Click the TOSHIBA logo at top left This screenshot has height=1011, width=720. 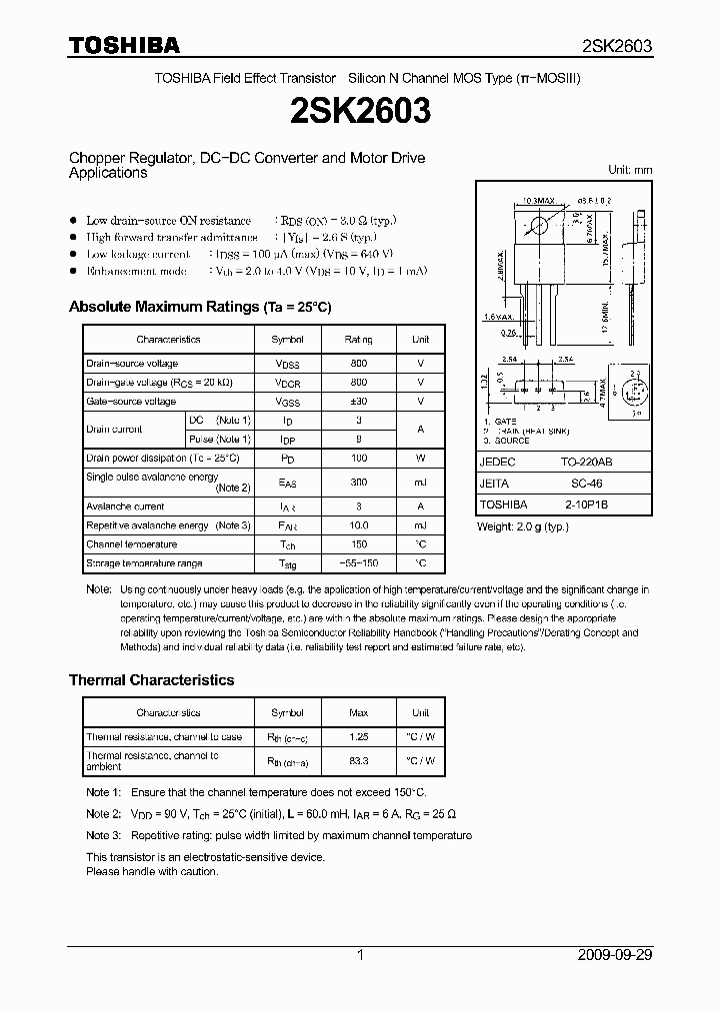pos(124,45)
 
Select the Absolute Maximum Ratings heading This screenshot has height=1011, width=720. pos(199,307)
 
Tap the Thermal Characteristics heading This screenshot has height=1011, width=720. pos(151,679)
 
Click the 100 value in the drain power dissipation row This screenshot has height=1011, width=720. pos(358,458)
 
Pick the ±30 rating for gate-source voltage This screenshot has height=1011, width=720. pos(358,401)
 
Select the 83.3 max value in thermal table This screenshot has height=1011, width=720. pos(358,760)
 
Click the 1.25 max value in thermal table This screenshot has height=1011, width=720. pos(358,737)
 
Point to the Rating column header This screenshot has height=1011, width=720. pos(358,340)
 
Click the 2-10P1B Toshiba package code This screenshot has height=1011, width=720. pos(578,505)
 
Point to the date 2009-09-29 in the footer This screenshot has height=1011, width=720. pos(614,954)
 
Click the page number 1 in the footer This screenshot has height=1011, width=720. pos(359,954)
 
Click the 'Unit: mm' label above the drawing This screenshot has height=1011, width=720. pos(630,170)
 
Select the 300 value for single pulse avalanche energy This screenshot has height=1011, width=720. pos(358,482)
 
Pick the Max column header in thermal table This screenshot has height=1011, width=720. pos(358,712)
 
